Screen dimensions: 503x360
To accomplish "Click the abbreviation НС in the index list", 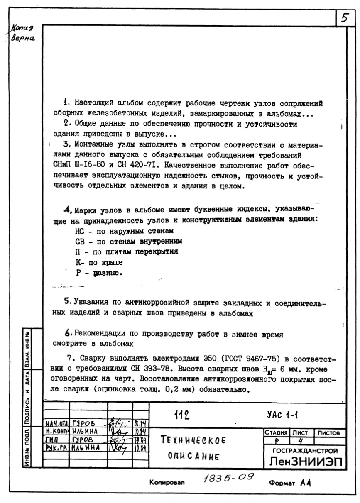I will (x=79, y=230).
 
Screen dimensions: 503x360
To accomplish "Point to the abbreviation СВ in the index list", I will (x=79, y=241).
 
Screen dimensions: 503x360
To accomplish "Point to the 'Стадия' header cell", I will (x=273, y=433).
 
